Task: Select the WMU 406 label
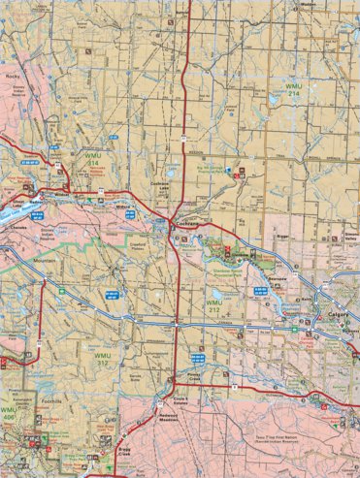[9, 415]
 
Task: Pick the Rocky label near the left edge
[14, 76]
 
